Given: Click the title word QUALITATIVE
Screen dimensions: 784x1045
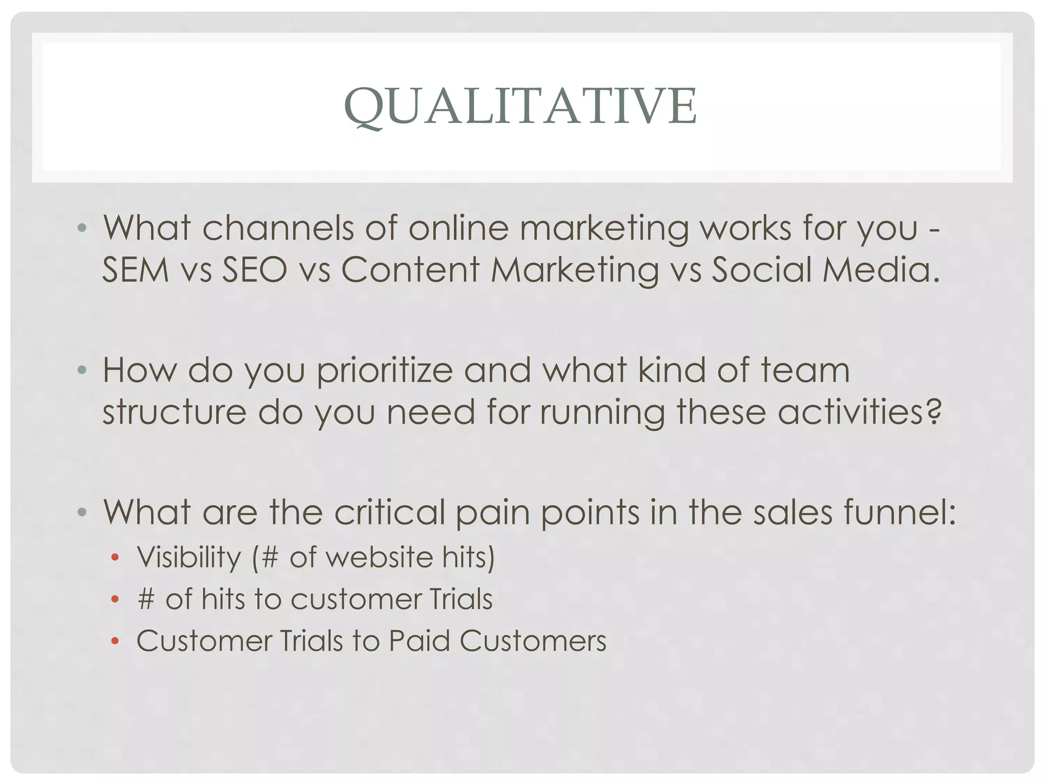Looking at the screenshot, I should pyautogui.click(x=520, y=106).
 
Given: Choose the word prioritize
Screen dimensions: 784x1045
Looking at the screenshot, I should pyautogui.click(x=384, y=371).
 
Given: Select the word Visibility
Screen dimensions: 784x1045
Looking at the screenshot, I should pyautogui.click(x=189, y=557).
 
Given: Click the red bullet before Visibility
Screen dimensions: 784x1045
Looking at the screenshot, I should pyautogui.click(x=115, y=558).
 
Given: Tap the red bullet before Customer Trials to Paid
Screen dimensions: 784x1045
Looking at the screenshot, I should pyautogui.click(x=115, y=642).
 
